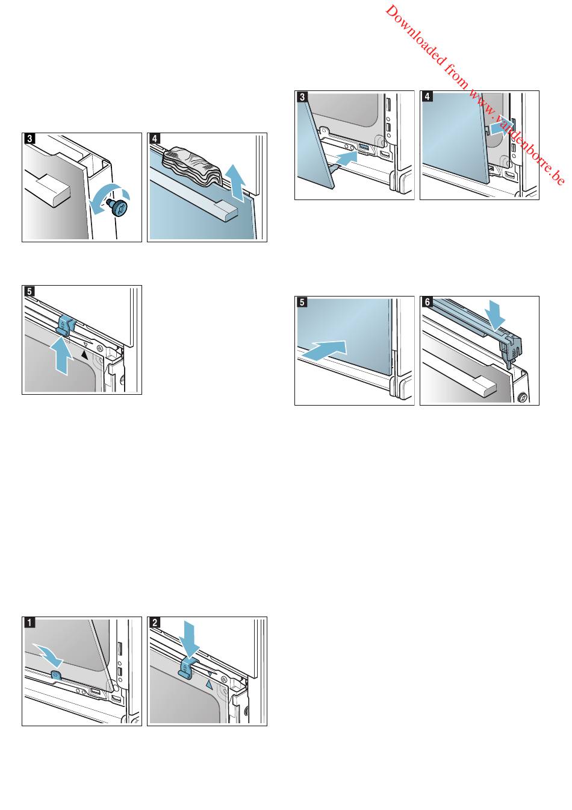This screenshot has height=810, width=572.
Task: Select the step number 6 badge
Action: (x=427, y=303)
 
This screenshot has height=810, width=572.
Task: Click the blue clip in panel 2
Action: (x=188, y=668)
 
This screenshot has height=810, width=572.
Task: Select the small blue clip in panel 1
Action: (x=56, y=675)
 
